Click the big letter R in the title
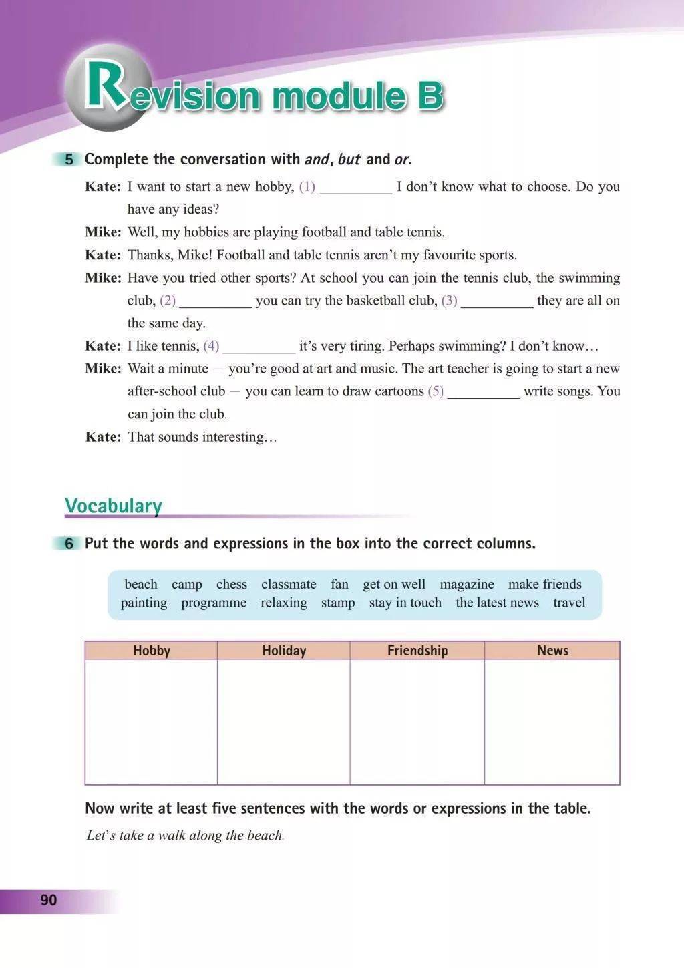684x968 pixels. pyautogui.click(x=105, y=87)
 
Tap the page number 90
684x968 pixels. pyautogui.click(x=49, y=900)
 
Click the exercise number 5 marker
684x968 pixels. pyautogui.click(x=69, y=160)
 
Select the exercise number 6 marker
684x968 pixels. pyautogui.click(x=69, y=544)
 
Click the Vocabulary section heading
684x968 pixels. pyautogui.click(x=113, y=506)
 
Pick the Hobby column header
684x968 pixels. pyautogui.click(x=152, y=651)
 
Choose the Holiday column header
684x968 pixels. pyautogui.click(x=284, y=651)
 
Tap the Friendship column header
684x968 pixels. pyautogui.click(x=417, y=651)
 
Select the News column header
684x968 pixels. pyautogui.click(x=552, y=651)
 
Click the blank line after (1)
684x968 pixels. pyautogui.click(x=356, y=189)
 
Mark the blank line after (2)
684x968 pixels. pyautogui.click(x=215, y=303)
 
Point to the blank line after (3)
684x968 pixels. pyautogui.click(x=497, y=303)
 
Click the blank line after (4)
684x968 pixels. pyautogui.click(x=259, y=348)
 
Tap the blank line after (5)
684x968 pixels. pyautogui.click(x=484, y=393)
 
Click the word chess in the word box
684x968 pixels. pyautogui.click(x=232, y=584)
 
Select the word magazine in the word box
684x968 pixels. pyautogui.click(x=467, y=584)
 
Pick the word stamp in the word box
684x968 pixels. pyautogui.click(x=338, y=603)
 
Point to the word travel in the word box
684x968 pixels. pyautogui.click(x=569, y=603)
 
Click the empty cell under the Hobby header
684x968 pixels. pyautogui.click(x=151, y=721)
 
